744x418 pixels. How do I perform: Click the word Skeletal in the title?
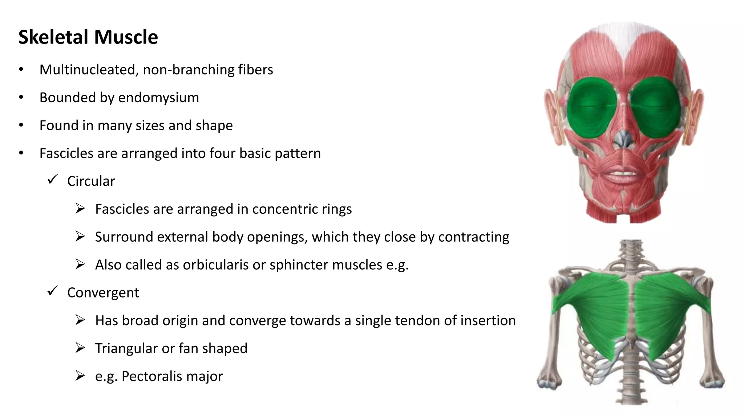click(53, 37)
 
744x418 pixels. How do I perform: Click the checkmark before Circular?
click(53, 179)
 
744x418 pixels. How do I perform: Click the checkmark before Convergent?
click(53, 291)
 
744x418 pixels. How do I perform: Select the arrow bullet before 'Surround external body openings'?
click(80, 237)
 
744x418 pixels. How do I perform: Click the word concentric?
click(279, 209)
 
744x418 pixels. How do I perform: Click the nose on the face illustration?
click(624, 139)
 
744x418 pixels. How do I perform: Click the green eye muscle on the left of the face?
click(592, 107)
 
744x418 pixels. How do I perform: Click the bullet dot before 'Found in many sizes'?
click(21, 125)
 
